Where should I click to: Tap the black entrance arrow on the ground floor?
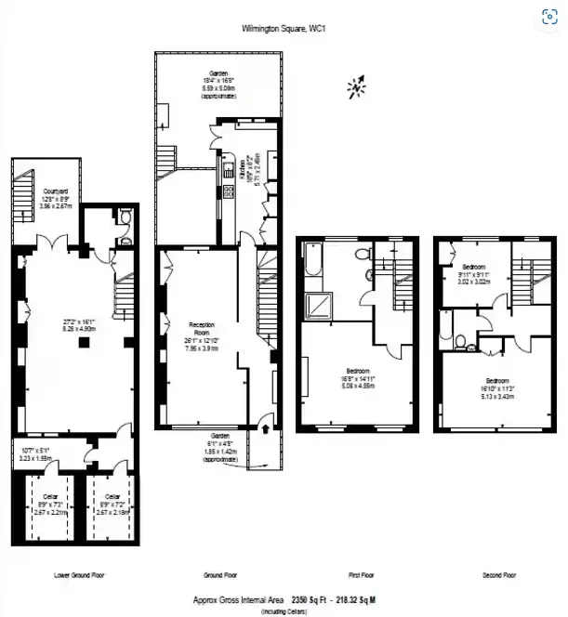pos(266,429)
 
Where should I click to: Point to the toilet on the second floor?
pos(472,348)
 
